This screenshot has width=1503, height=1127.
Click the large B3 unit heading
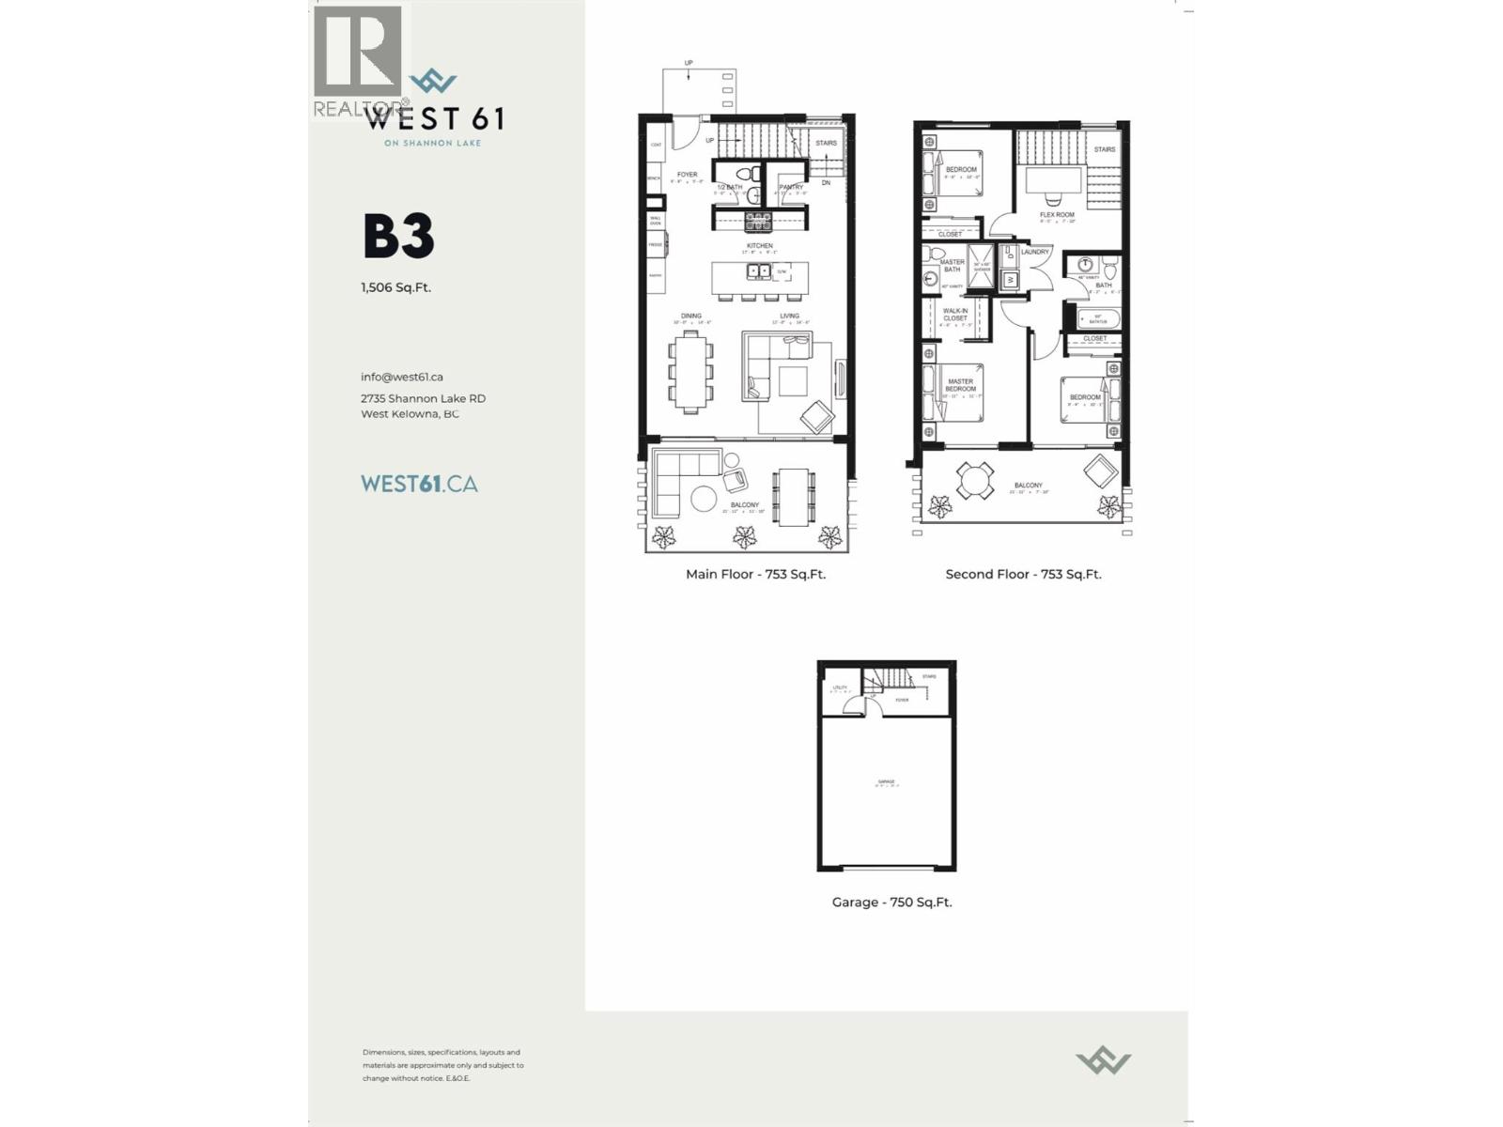[x=398, y=237]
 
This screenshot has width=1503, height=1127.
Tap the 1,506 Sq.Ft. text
[x=395, y=287]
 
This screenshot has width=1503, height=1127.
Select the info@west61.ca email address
[x=401, y=377]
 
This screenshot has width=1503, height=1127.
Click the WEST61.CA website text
[x=419, y=484]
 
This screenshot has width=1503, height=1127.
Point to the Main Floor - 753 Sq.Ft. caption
[x=755, y=574]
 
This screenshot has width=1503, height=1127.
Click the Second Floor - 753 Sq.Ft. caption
[x=1023, y=574]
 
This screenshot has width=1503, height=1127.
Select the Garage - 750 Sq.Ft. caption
[x=891, y=902]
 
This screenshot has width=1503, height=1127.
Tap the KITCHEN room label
[x=760, y=246]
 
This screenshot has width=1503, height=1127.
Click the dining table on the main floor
[x=690, y=372]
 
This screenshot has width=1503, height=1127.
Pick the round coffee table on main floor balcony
[x=704, y=499]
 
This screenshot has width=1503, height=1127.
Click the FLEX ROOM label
[x=1057, y=215]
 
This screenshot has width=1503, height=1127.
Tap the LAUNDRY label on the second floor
[x=1035, y=252]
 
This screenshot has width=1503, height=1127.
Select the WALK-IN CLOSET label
[x=955, y=314]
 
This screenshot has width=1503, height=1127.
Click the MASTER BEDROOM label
[x=960, y=385]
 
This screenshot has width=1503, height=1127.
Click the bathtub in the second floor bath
[x=1095, y=318]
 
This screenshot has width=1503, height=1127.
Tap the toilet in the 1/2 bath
[x=746, y=174]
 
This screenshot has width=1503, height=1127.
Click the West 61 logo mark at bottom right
[x=1103, y=1062]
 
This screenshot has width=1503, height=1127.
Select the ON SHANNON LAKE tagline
[x=432, y=143]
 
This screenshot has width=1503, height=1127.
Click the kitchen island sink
[x=758, y=271]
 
